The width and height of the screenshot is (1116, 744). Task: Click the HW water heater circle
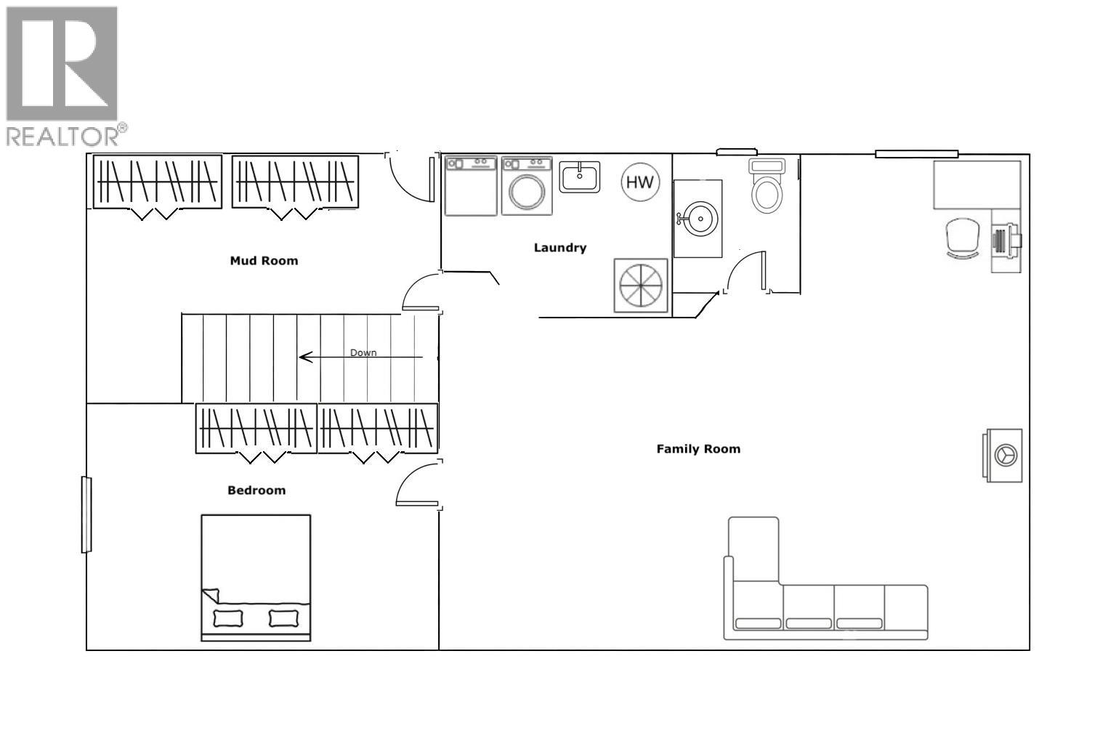[x=640, y=182]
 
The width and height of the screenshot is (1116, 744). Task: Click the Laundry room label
[x=559, y=248]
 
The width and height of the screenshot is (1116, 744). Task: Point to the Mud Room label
[x=264, y=261]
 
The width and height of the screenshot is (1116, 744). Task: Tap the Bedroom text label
[x=256, y=490]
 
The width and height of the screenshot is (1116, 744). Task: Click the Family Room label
[x=698, y=449]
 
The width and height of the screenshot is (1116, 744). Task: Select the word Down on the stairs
[x=363, y=352]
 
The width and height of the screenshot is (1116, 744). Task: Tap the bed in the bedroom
[x=256, y=578]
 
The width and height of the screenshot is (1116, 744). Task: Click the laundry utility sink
[x=579, y=177]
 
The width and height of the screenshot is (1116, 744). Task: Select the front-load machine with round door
[x=527, y=186]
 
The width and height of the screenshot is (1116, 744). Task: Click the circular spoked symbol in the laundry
[x=641, y=286]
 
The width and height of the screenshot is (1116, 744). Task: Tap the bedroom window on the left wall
[x=86, y=514]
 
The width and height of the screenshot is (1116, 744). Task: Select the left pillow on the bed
[x=228, y=618]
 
